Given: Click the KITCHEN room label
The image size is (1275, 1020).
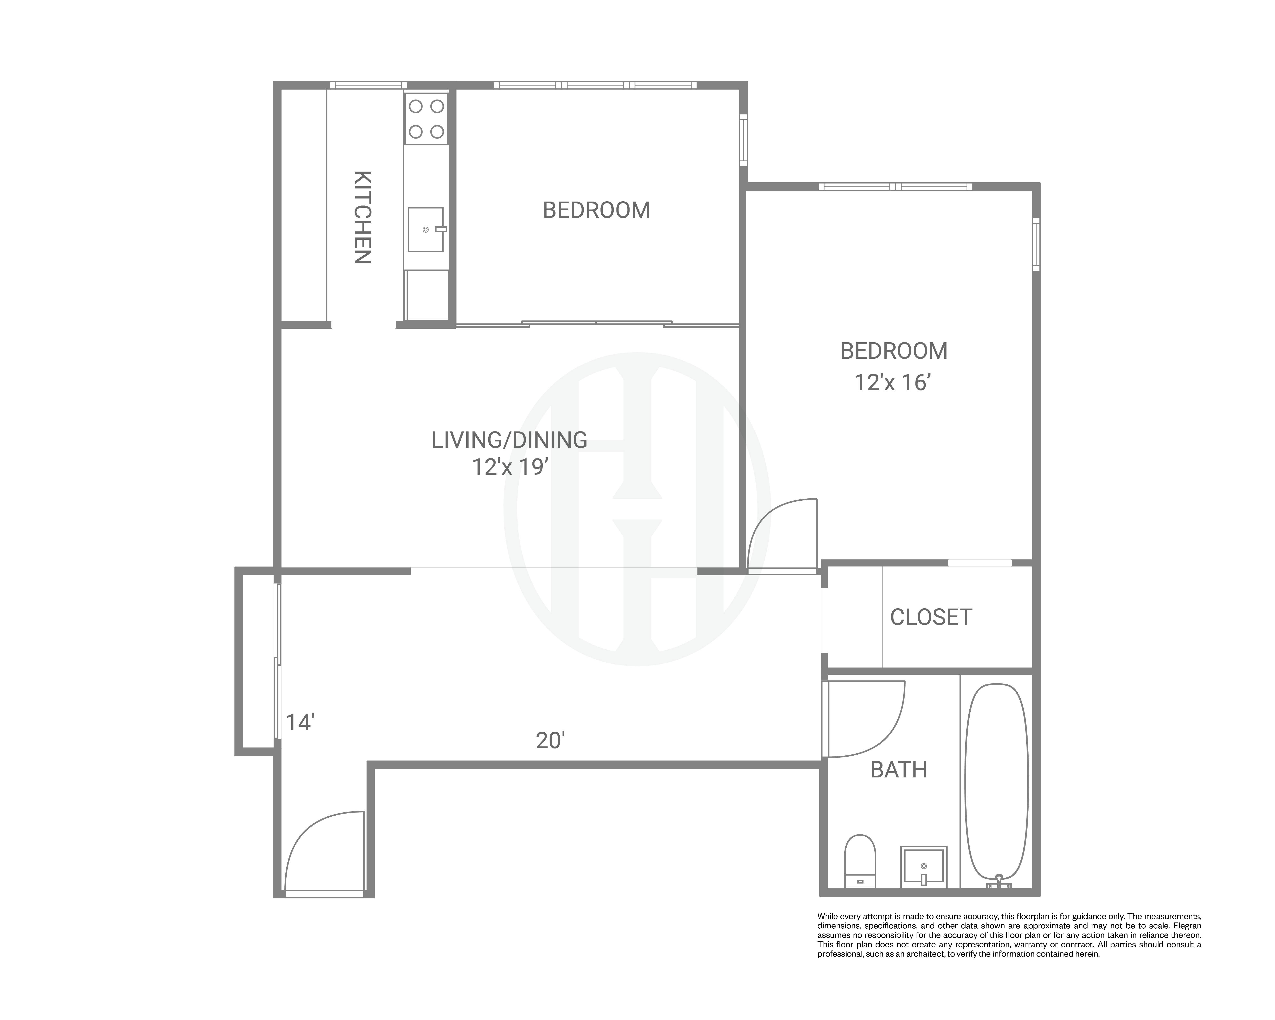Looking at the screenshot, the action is [363, 217].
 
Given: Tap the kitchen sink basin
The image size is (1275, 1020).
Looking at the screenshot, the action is [425, 229].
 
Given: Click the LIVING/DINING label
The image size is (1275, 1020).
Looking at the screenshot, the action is [509, 440].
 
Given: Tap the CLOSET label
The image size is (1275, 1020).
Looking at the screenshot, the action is [931, 617].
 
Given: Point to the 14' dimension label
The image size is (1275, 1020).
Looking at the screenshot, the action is [300, 723].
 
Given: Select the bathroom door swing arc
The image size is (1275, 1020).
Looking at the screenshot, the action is [887, 739].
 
